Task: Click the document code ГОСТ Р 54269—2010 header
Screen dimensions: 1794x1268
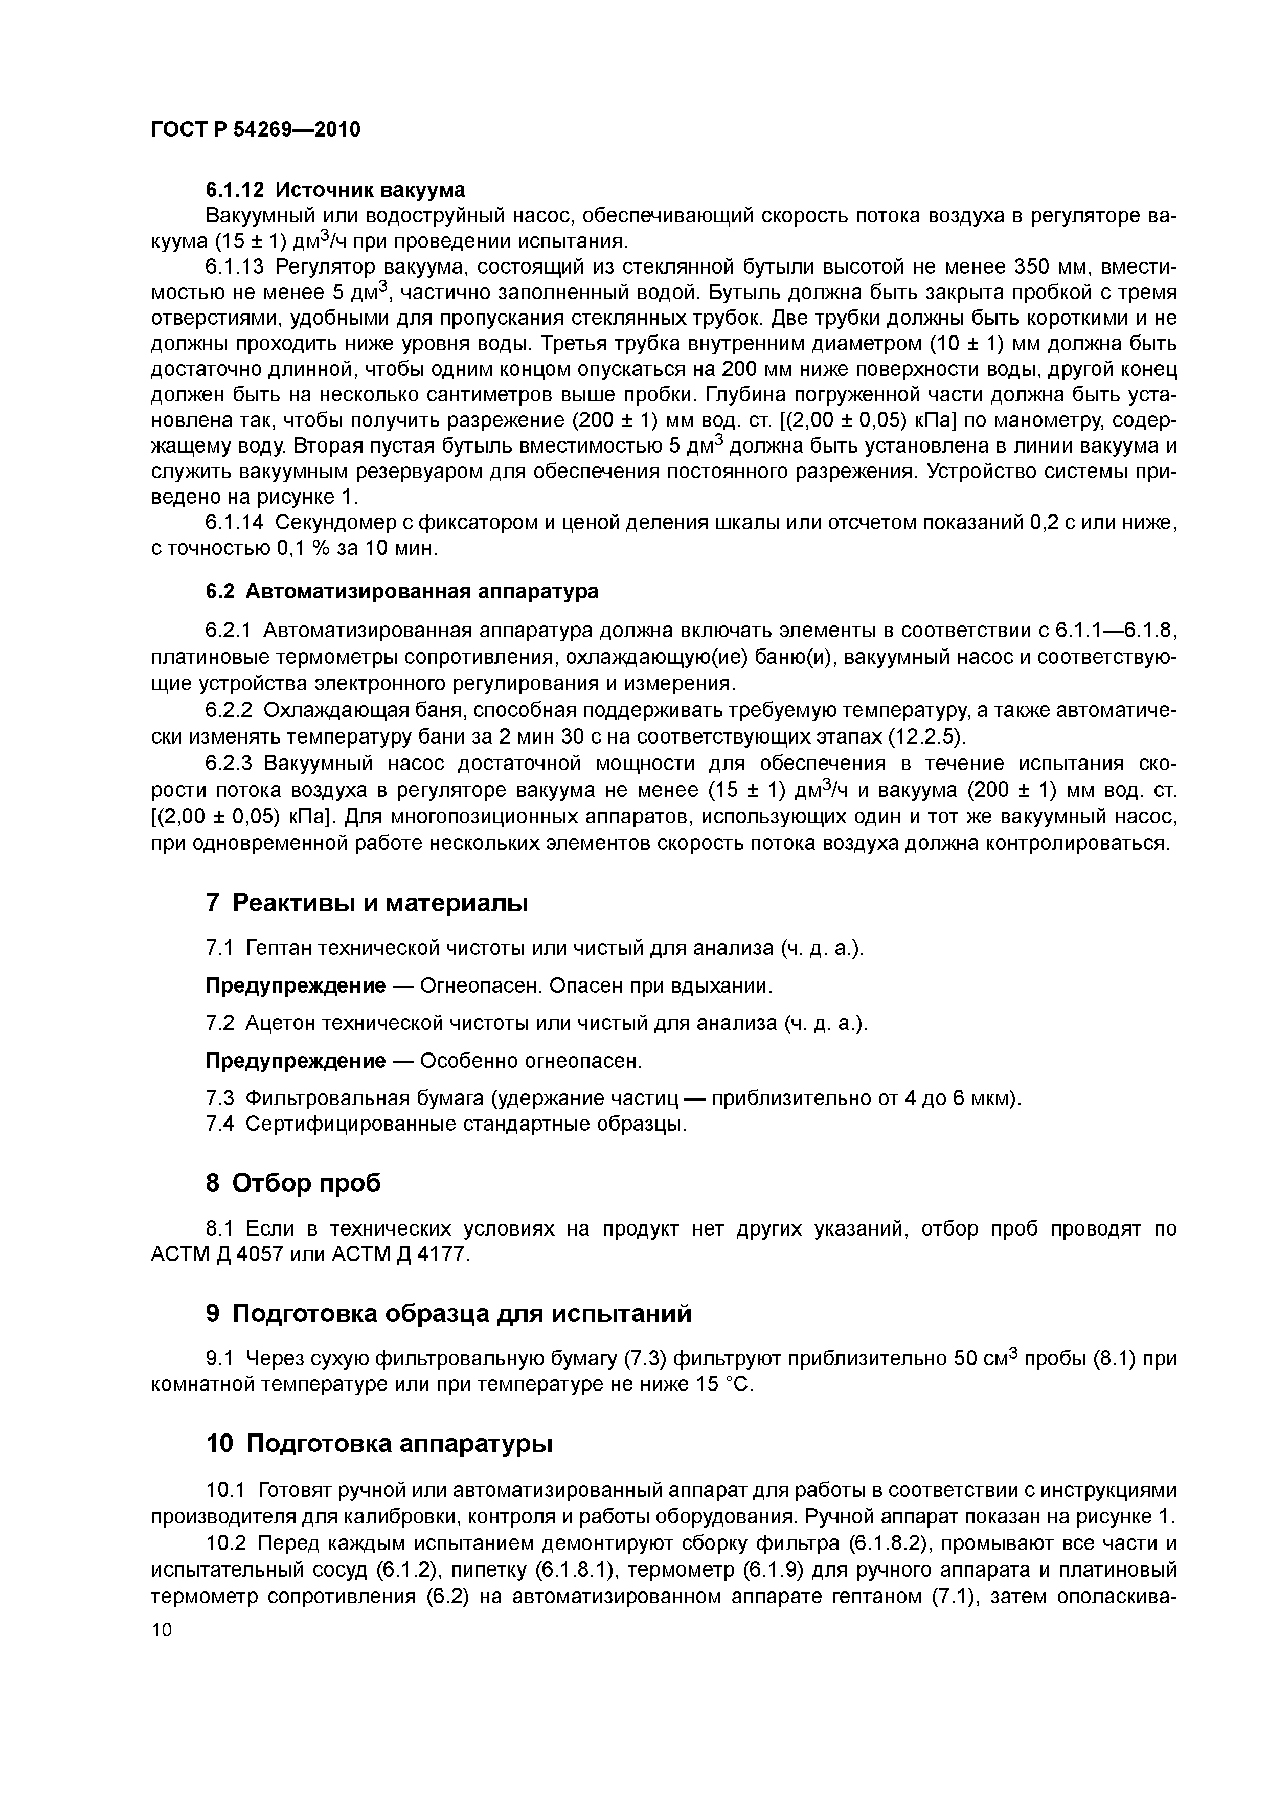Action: click(256, 130)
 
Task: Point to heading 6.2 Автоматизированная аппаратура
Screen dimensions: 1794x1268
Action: click(401, 592)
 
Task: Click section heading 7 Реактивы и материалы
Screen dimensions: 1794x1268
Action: click(367, 903)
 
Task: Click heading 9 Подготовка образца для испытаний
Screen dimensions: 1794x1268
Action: click(448, 1313)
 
